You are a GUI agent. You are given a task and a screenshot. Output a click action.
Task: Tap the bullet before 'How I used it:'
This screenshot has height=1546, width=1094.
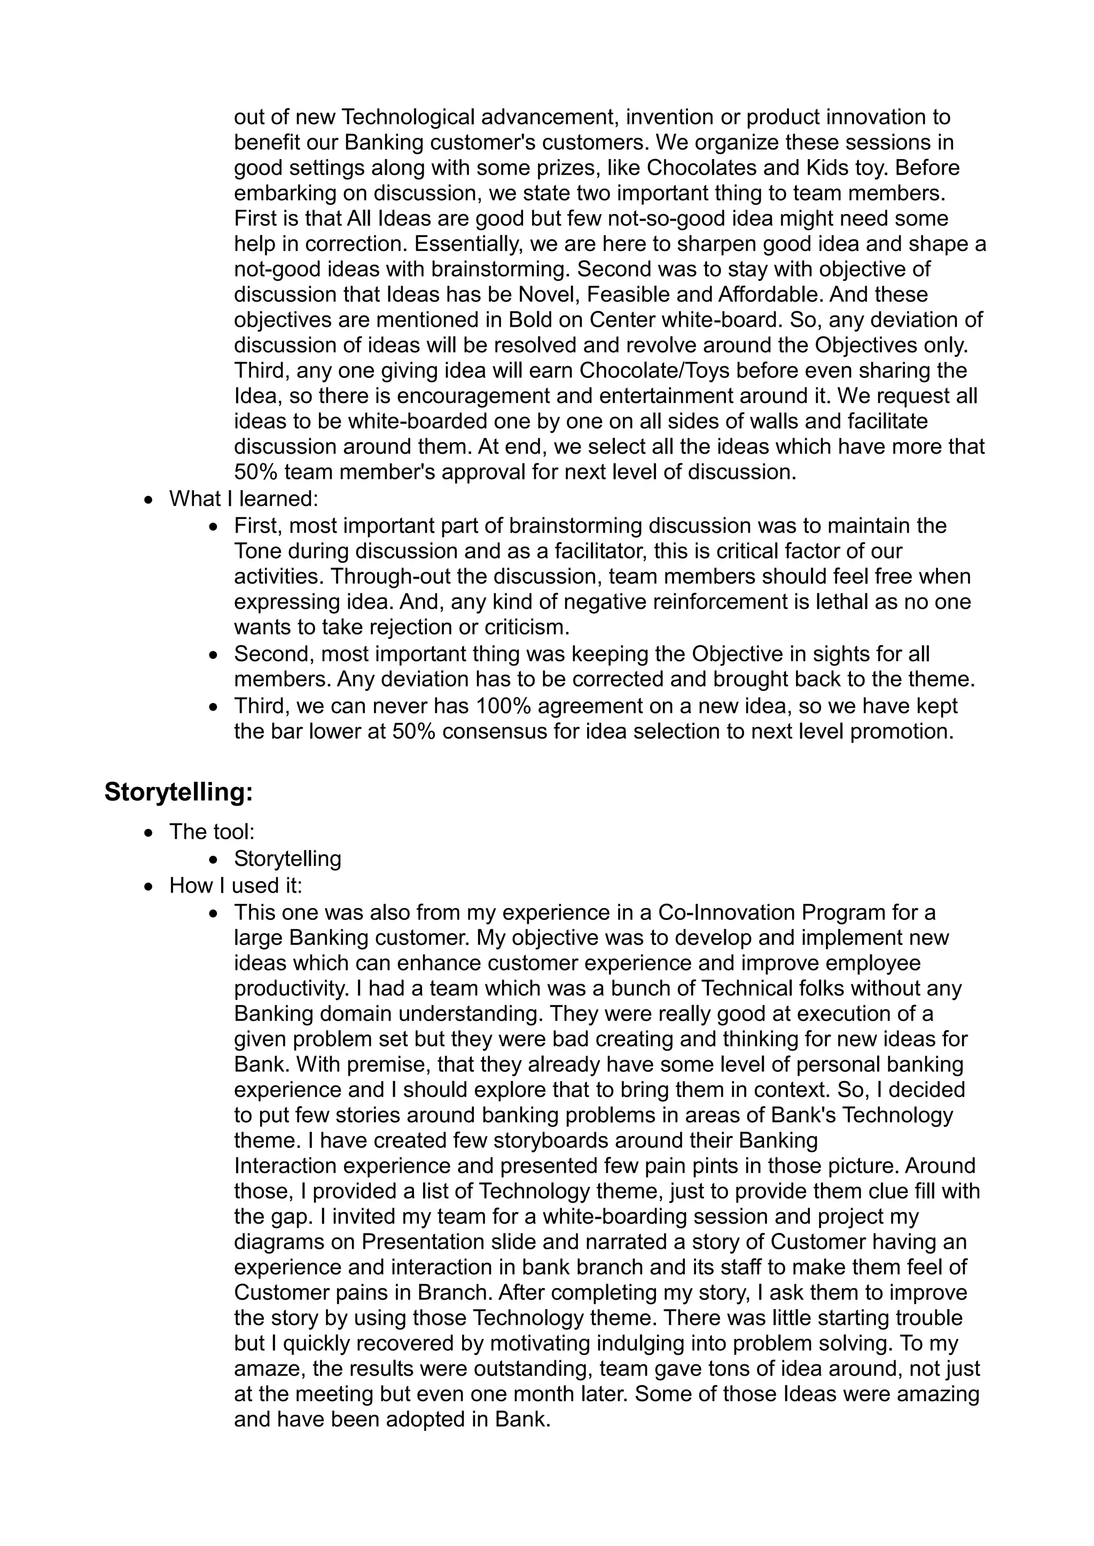coord(149,886)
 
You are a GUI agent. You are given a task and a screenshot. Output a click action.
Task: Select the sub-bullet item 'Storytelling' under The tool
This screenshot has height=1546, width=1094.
coord(287,858)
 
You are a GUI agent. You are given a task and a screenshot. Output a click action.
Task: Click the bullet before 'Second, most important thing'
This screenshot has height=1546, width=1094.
coord(214,654)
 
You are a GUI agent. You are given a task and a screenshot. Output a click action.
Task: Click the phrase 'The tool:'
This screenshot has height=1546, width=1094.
coord(212,832)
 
